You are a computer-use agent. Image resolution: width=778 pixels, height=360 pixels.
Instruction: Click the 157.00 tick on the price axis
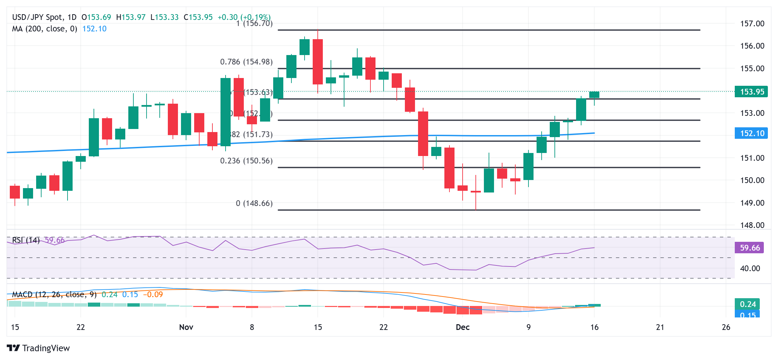(752, 24)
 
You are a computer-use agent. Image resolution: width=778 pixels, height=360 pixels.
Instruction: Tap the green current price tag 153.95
(751, 92)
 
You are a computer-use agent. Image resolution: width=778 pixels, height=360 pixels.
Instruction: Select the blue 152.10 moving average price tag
(751, 133)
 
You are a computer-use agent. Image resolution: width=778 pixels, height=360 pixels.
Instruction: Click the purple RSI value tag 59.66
(750, 248)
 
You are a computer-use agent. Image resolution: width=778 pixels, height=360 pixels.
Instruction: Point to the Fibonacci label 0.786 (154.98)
(246, 62)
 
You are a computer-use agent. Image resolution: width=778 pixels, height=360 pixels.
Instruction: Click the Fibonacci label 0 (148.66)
(254, 203)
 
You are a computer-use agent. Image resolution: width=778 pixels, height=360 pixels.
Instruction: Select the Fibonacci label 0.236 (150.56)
(246, 161)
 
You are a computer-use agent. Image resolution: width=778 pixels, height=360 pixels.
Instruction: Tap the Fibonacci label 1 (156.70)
(254, 23)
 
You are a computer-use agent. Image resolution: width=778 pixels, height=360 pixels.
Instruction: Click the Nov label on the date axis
(186, 327)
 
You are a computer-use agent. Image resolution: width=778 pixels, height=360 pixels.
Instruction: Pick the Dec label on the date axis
(462, 327)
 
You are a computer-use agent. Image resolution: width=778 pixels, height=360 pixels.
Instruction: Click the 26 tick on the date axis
(726, 327)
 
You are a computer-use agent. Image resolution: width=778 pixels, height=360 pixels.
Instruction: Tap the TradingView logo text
(46, 348)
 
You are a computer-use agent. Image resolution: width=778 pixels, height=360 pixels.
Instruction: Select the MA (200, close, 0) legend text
(44, 29)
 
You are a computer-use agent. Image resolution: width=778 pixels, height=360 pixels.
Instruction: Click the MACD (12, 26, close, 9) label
(54, 294)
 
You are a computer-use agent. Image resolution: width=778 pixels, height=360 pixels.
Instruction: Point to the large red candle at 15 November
(317, 62)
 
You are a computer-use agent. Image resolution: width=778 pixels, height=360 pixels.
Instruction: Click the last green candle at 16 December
(594, 95)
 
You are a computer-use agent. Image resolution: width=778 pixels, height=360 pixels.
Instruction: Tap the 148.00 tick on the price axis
(752, 225)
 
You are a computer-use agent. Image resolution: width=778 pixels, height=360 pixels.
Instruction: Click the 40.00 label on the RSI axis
(750, 268)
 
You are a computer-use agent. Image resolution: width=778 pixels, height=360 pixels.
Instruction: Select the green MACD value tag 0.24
(748, 304)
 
